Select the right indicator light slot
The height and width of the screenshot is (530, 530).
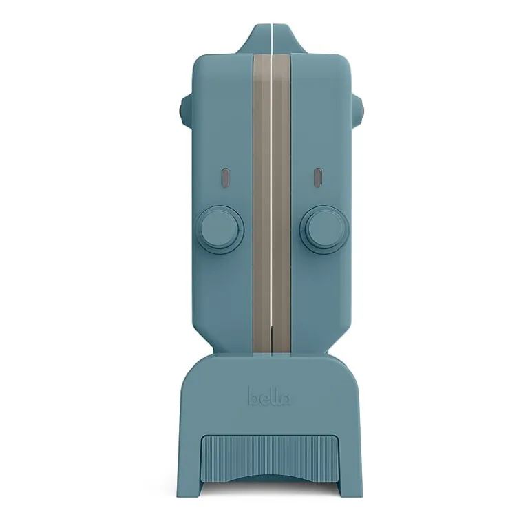pyautogui.click(x=318, y=178)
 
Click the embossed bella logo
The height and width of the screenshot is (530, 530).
pyautogui.click(x=268, y=396)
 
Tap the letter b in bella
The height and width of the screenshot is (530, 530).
pyautogui.click(x=253, y=396)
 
